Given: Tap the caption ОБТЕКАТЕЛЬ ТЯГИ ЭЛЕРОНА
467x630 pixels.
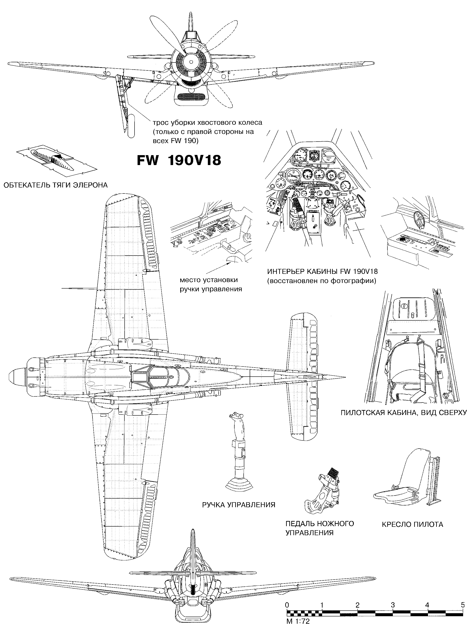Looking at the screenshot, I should pos(55,185).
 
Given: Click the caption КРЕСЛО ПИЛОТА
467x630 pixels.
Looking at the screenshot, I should pos(412,525).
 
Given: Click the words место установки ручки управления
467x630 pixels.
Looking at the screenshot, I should pos(211,284).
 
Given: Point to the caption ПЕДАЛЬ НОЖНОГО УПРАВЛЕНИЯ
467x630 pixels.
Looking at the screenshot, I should pos(320,528).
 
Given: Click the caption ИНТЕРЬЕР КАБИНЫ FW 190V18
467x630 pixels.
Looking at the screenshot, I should pos(322,272).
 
